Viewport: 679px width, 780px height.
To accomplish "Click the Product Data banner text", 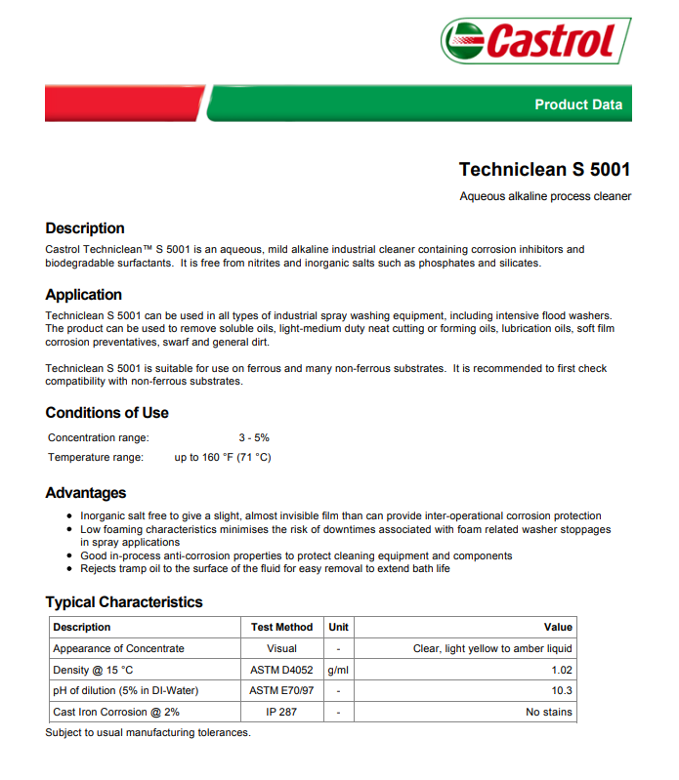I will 577,104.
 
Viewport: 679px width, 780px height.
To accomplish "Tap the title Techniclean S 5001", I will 544,169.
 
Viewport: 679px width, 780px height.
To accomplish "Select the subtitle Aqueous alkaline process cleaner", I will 545,196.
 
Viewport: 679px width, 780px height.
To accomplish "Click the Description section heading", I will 85,228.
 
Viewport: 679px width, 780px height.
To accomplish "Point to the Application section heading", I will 84,295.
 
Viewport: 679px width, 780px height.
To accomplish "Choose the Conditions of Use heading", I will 106,413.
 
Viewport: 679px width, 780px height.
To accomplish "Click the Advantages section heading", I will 86,493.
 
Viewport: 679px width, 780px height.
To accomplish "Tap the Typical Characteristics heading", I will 124,602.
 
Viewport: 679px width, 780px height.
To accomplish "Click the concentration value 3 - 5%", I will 254,438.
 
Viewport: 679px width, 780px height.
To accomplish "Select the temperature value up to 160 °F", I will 223,457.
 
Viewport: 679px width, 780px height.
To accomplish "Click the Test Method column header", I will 281,627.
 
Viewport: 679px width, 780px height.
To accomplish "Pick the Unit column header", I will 338,627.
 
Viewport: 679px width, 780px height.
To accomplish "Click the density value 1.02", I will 561,670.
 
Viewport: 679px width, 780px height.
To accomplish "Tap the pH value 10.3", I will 562,691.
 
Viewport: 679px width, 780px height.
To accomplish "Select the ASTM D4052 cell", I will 281,670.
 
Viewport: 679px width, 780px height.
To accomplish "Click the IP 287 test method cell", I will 281,713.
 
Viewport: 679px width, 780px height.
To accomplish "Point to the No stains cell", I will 548,713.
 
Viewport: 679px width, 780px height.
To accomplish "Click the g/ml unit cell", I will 338,670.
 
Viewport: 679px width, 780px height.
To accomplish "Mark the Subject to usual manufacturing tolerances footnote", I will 148,732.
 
